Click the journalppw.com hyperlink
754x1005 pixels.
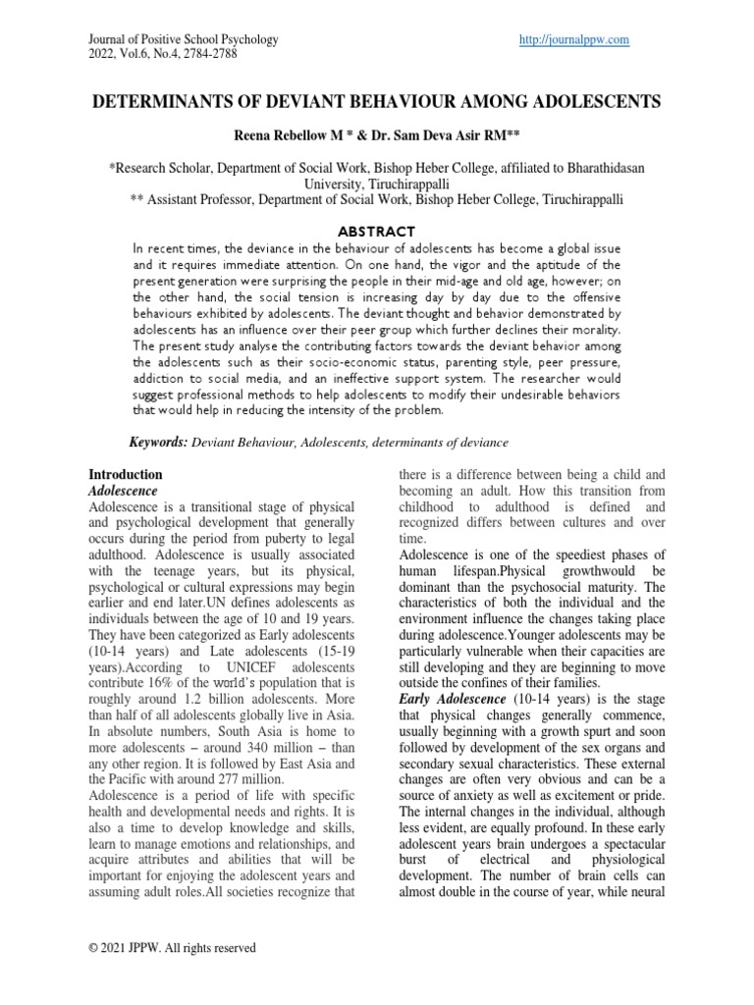coord(572,39)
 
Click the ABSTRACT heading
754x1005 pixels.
coord(377,231)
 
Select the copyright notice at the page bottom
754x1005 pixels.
coord(172,948)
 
